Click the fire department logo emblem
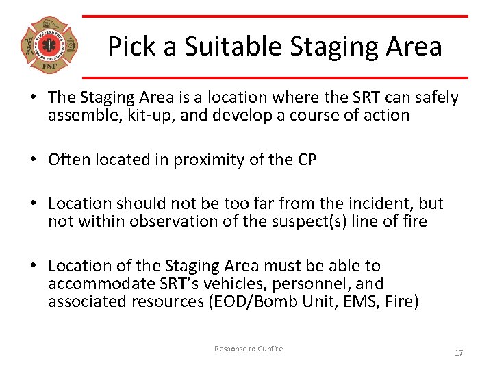coord(49,46)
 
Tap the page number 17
coord(459,352)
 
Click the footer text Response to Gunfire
coord(248,349)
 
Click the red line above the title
coord(275,16)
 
